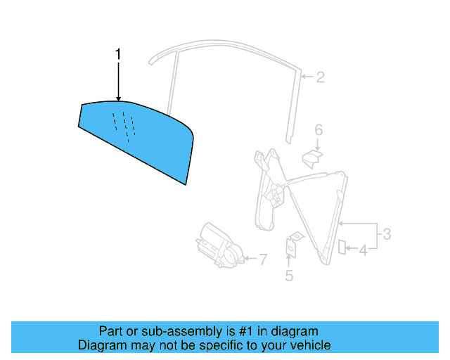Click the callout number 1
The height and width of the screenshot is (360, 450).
[x=119, y=53]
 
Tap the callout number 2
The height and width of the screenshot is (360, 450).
[x=320, y=77]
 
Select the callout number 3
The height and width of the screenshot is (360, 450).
[x=386, y=234]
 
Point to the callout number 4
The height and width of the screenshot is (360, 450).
[x=364, y=249]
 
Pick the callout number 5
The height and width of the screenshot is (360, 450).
[x=289, y=276]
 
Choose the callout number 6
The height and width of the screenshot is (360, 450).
[x=318, y=129]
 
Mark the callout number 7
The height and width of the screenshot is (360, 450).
[x=263, y=259]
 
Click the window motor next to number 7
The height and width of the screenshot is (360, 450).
[x=219, y=245]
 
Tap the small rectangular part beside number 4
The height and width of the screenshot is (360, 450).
[x=342, y=246]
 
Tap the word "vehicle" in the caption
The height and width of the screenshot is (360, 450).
[x=309, y=345]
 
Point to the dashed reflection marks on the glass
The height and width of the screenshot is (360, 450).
[x=123, y=124]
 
